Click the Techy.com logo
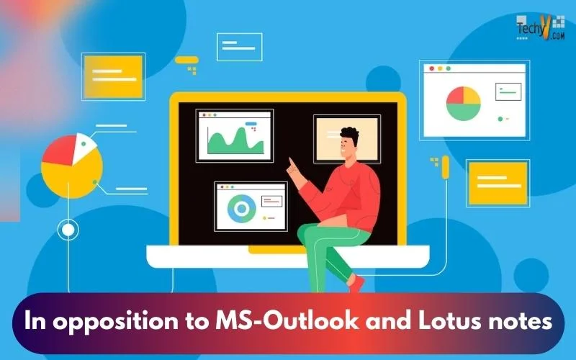coord(540,27)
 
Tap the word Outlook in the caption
coord(312,320)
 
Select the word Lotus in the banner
coord(450,320)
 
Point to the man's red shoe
coord(356,284)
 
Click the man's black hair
coord(350,135)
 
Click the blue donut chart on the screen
coord(241,209)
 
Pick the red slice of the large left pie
coord(60,150)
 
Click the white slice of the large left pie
coord(83,147)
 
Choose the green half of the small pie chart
coord(464,112)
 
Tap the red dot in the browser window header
coord(431,68)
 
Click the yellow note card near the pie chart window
coord(498,183)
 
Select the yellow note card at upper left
coord(113,76)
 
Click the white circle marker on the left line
coord(68,230)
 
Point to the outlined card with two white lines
coord(240,47)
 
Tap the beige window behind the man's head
coord(347,138)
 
